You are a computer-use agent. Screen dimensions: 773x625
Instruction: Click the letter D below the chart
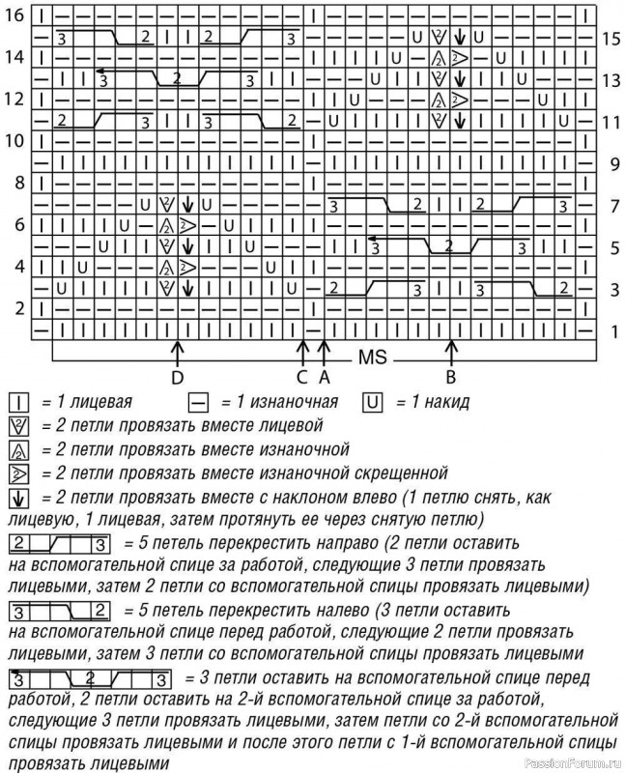177,375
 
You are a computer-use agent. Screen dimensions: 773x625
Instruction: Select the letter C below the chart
302,375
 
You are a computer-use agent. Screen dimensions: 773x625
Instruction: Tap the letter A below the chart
325,375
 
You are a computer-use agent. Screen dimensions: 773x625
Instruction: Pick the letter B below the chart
450,375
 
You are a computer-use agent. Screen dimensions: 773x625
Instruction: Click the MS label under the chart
372,356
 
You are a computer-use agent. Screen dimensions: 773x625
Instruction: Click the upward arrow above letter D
177,348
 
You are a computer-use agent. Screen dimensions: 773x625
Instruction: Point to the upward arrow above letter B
450,348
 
